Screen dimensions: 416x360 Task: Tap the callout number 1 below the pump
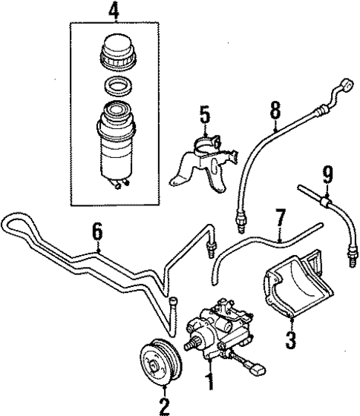pos(210,383)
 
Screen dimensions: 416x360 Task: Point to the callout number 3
pos(289,341)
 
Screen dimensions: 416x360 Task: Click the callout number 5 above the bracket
pos(204,116)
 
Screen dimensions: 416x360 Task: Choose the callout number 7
pos(280,219)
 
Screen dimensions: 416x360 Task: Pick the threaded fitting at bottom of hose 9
pos(350,260)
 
